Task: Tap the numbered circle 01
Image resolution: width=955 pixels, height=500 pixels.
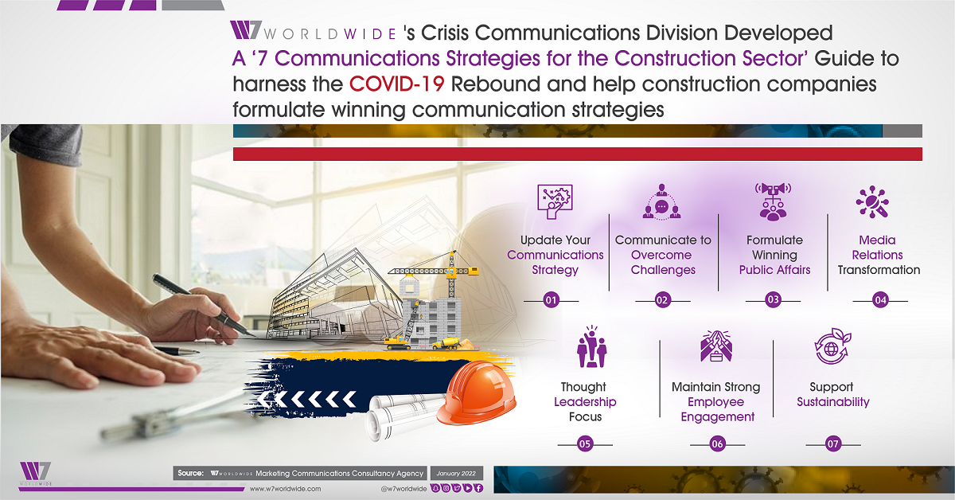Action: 551,300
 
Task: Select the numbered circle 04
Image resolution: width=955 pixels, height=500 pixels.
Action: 880,300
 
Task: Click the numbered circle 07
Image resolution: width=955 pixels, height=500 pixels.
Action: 833,444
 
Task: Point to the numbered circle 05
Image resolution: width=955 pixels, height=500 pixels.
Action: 585,444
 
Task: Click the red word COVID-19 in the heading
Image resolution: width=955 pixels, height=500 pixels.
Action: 397,84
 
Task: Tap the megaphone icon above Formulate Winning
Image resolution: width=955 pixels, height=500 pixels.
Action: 773,201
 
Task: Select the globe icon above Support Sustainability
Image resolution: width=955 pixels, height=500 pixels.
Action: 832,346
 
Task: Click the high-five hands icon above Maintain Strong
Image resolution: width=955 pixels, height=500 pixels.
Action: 716,346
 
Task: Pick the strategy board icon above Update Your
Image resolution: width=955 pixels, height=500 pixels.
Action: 555,201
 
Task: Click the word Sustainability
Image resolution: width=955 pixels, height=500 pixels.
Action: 833,402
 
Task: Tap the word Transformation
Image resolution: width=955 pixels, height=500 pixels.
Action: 879,270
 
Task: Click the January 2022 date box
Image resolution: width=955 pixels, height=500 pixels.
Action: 456,473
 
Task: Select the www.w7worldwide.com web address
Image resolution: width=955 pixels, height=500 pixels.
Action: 285,489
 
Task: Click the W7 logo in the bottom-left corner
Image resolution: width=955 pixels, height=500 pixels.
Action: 35,474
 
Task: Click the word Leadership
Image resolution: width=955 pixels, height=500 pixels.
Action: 585,402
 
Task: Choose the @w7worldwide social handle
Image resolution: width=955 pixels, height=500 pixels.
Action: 403,489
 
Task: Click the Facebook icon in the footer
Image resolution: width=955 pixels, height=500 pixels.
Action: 479,488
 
